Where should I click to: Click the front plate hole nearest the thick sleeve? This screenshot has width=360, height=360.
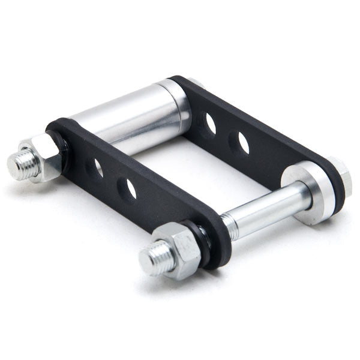pyautogui.click(x=97, y=167)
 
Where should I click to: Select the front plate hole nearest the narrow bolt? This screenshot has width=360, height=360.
pyautogui.click(x=127, y=188)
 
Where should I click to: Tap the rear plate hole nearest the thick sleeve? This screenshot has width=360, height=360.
pyautogui.click(x=211, y=122)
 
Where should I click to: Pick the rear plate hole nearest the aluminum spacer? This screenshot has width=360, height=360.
pyautogui.click(x=243, y=142)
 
